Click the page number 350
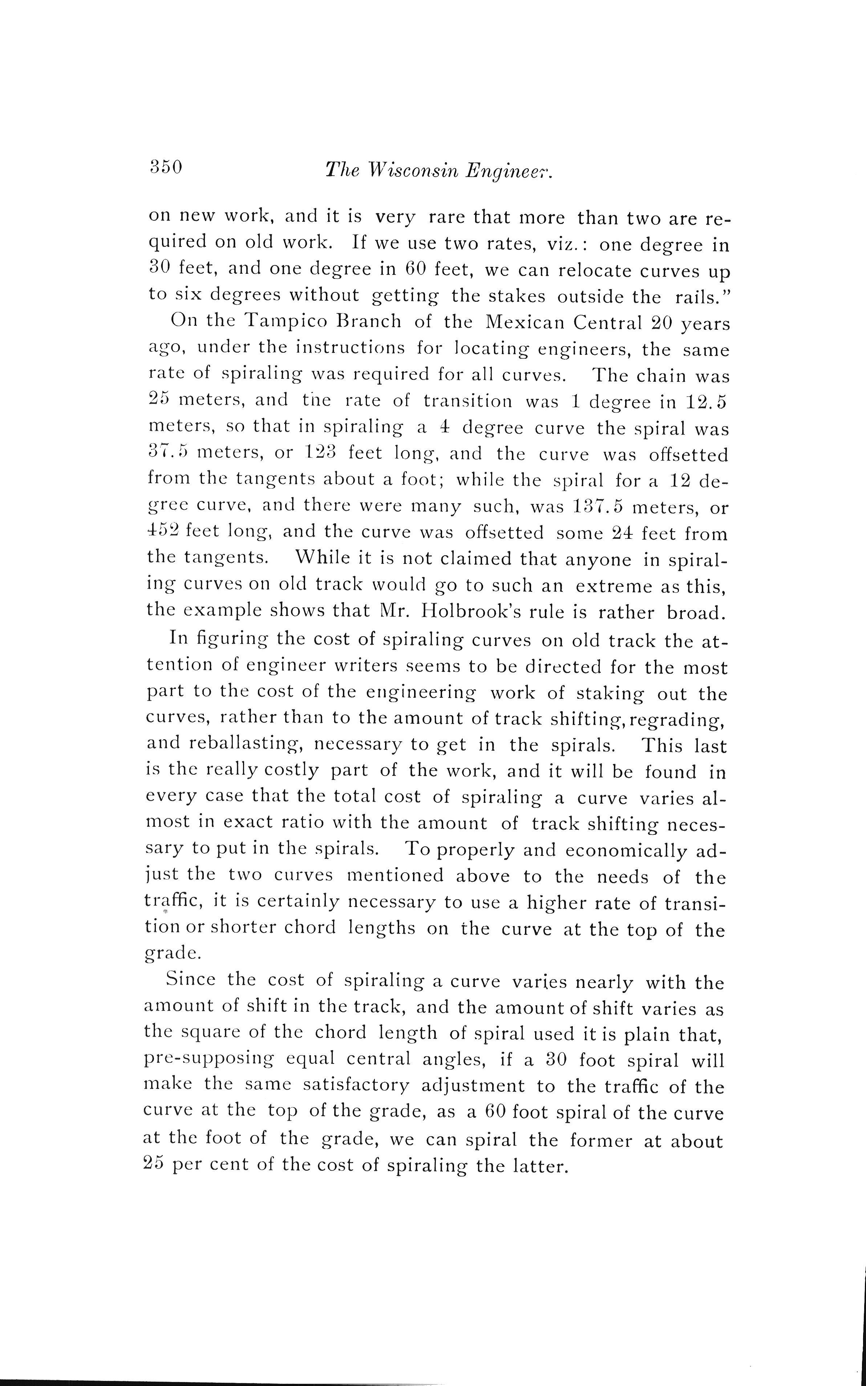coord(166,167)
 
